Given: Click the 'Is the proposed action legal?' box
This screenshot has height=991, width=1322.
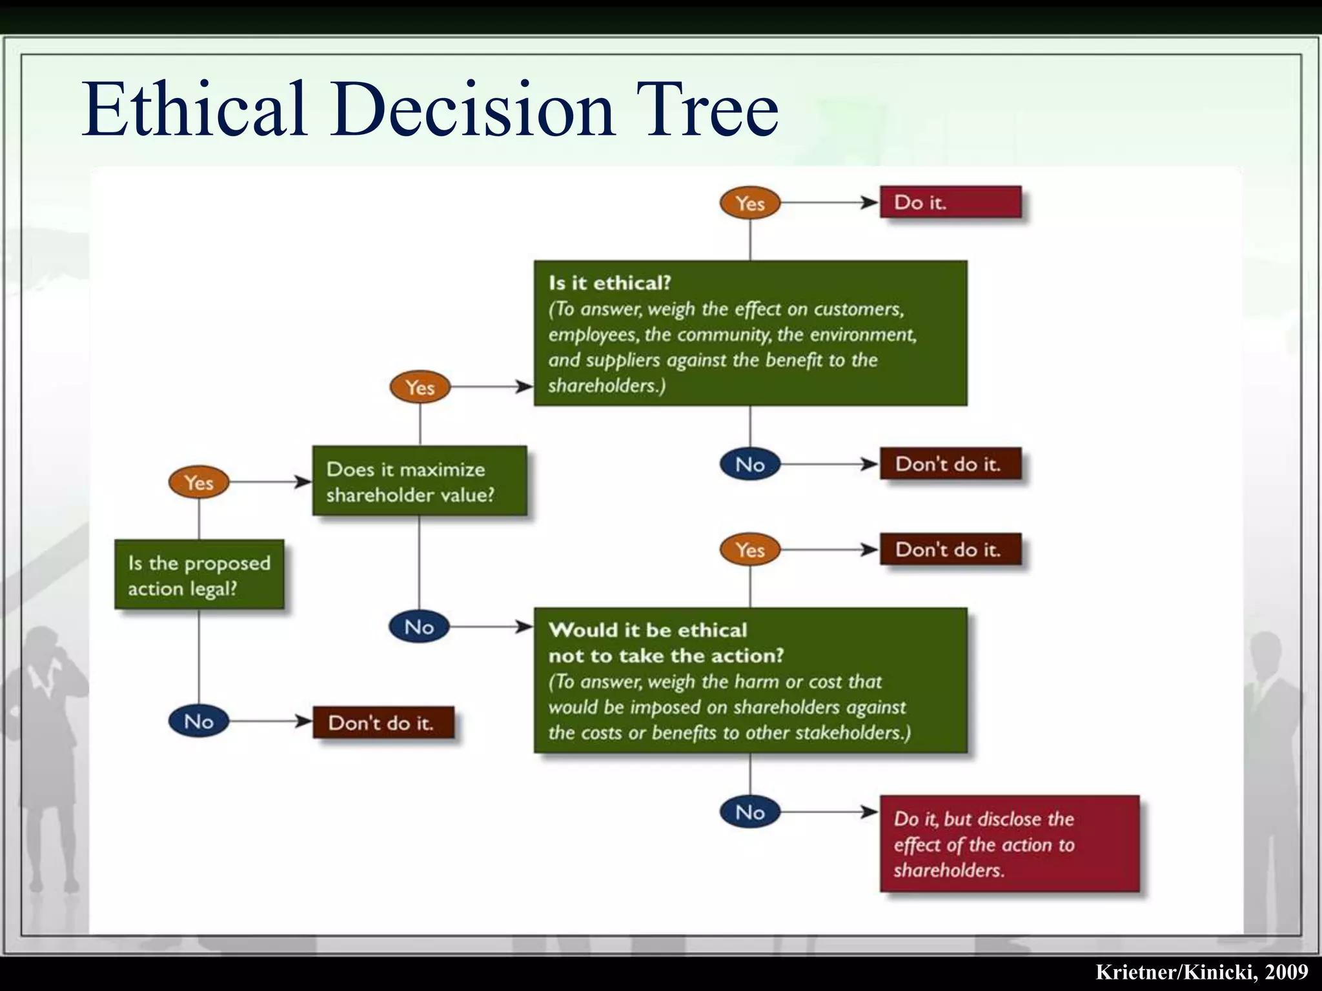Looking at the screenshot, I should click(x=199, y=574).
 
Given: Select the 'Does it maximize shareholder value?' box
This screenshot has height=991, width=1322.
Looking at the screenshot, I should click(x=420, y=481).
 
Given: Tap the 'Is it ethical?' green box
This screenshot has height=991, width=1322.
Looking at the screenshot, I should click(x=750, y=333).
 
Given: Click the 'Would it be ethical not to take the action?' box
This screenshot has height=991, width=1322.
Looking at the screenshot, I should click(x=750, y=680).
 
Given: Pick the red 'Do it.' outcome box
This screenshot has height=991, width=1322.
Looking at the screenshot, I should click(x=950, y=202).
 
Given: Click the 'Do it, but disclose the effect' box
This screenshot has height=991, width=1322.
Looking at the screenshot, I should click(x=1009, y=844).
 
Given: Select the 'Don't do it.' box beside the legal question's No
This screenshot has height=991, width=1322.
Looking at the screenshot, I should click(x=383, y=722).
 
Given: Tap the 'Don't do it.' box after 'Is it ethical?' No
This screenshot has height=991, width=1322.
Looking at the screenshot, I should click(x=950, y=464).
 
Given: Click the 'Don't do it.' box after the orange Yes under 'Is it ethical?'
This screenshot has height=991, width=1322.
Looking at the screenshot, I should click(x=950, y=549).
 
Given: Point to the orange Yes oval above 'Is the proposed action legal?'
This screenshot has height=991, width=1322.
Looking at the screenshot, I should click(x=199, y=483).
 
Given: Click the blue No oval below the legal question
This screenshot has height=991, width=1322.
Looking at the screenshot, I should click(x=199, y=721).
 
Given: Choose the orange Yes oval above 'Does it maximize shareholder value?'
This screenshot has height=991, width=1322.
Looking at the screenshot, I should click(x=420, y=387).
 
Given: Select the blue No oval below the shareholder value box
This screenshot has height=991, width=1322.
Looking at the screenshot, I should click(x=420, y=626).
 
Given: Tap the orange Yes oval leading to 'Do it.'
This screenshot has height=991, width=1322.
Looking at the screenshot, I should click(x=750, y=203).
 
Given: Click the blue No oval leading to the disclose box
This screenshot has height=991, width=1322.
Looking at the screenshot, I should click(x=750, y=812).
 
